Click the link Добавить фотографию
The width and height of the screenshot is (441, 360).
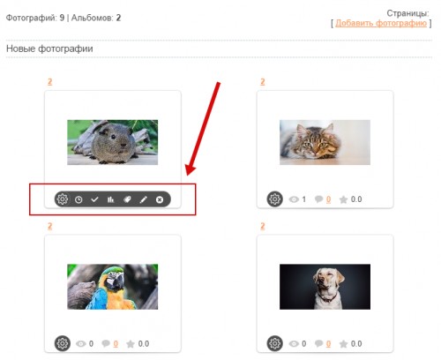pos(381,23)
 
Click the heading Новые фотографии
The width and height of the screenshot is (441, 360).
pos(49,49)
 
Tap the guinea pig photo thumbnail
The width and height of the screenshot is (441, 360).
pos(113,142)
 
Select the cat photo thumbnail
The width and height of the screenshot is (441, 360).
pos(325,142)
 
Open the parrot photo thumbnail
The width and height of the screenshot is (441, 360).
pos(113,287)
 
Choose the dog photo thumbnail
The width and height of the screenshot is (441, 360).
pos(325,287)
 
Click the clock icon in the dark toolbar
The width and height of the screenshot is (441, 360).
pos(78,199)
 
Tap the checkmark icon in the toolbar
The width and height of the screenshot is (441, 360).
pos(94,199)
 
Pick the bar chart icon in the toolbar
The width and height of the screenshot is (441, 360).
pos(111,199)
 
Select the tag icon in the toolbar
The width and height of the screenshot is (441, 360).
pos(127,199)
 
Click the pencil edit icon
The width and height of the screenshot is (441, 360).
pos(144,199)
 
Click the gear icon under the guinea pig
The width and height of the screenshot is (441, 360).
pos(63,199)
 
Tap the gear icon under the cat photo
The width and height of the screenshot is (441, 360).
pos(275,199)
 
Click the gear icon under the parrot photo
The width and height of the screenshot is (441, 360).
pos(63,343)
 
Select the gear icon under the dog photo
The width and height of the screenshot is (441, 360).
pos(275,343)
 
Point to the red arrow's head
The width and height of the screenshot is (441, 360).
pos(188,174)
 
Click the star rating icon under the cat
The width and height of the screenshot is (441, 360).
pos(343,199)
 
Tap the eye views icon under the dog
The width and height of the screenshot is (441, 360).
pos(294,343)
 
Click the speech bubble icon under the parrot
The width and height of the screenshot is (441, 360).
pos(106,343)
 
